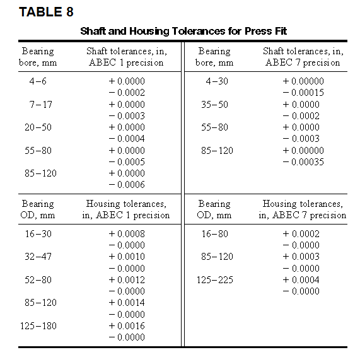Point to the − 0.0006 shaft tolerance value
[x=126, y=185]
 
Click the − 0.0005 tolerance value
[x=126, y=161]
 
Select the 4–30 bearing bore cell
[x=216, y=81]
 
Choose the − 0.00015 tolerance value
[x=303, y=93]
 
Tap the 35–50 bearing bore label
[x=216, y=104]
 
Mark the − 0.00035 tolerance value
[x=303, y=162]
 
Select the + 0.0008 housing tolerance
[x=126, y=233]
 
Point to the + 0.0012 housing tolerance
[x=126, y=279]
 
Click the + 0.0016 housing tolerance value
[x=126, y=325]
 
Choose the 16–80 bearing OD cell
[x=216, y=233]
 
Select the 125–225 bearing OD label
[x=216, y=279]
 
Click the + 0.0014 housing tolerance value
[x=126, y=303]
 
